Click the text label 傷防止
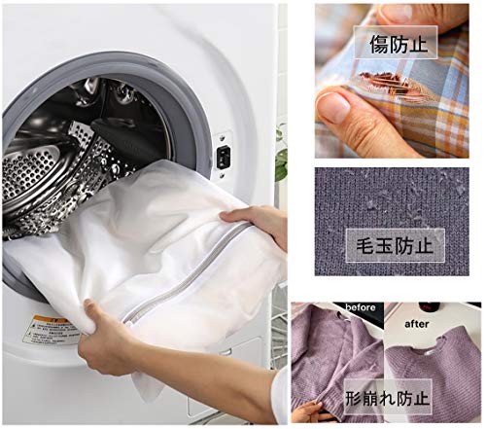coord(399,45)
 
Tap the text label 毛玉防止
coord(395,245)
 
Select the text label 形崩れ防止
coord(388,398)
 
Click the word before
coord(361,307)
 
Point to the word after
coord(417,324)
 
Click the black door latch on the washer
coord(224,157)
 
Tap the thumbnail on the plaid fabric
coord(334,107)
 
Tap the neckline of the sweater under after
coord(431,347)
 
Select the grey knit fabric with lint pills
coord(392,222)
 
